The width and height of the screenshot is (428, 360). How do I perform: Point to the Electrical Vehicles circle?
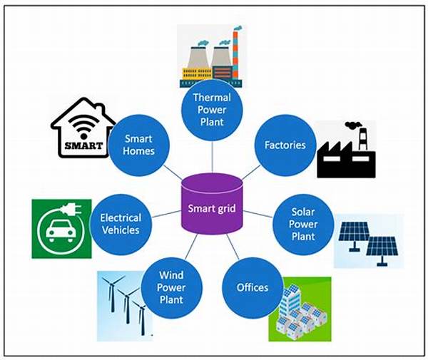(x=121, y=224)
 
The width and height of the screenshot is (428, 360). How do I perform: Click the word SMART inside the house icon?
(x=83, y=148)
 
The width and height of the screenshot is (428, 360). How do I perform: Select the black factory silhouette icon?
(x=345, y=154)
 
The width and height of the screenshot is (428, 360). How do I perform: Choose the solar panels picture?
(x=367, y=240)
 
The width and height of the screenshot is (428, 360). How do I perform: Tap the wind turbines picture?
(x=124, y=304)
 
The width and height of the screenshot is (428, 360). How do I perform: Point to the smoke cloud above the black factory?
(x=352, y=127)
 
